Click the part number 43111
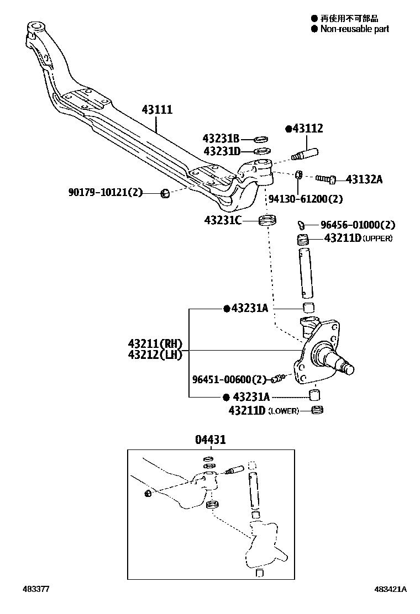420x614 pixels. point(157,110)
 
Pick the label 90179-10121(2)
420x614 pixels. point(106,193)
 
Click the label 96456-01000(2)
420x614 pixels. point(358,225)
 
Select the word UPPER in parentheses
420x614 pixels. point(378,239)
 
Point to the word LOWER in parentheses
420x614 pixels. point(283,411)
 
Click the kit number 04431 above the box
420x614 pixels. point(210,440)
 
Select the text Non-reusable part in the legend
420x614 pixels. point(354,29)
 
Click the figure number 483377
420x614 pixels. point(36,590)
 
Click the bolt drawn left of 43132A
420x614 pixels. point(326,178)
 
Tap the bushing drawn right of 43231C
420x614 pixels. point(268,222)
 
